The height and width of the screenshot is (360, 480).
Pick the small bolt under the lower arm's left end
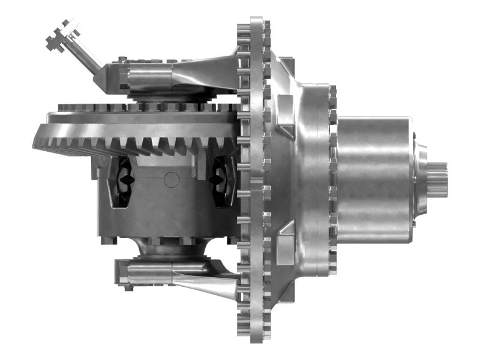[x=128, y=288]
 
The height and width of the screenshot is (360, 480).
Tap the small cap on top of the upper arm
[x=122, y=59]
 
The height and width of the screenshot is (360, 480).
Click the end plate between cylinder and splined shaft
[x=419, y=174]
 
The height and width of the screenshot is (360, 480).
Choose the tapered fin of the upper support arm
[x=204, y=72]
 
